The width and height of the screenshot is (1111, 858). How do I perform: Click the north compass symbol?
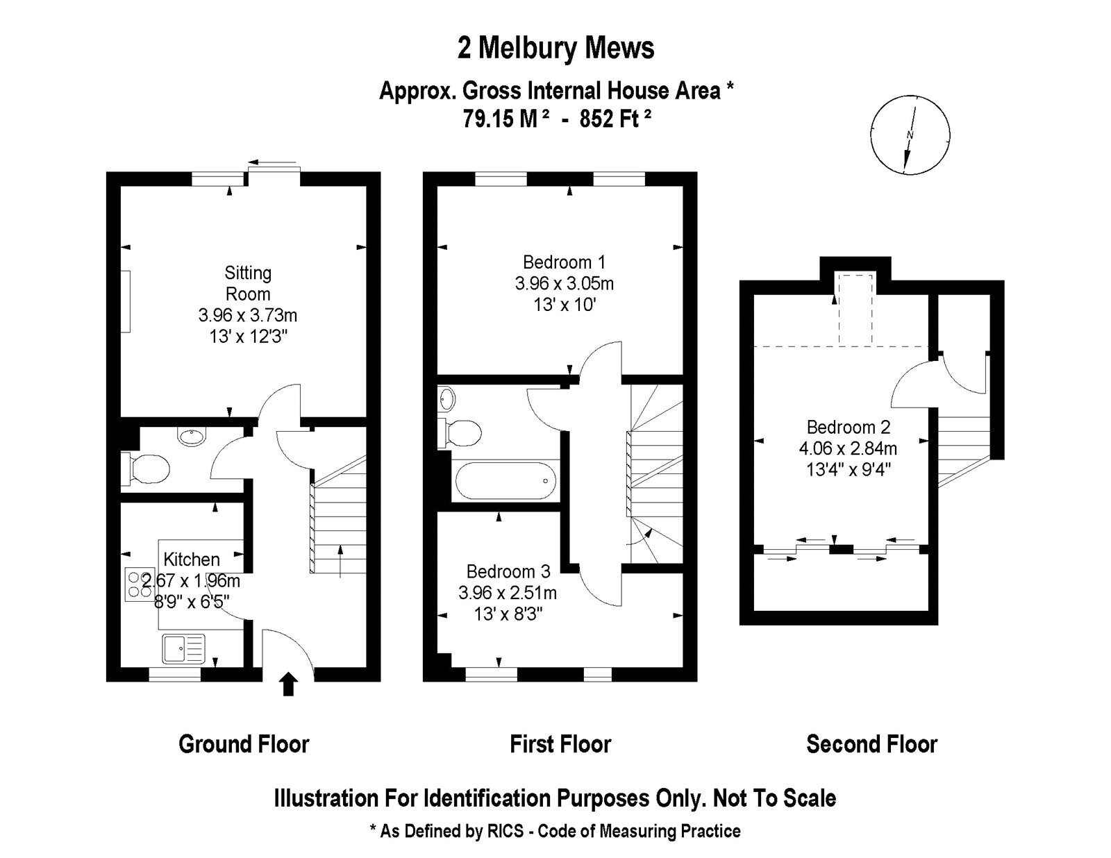(910, 135)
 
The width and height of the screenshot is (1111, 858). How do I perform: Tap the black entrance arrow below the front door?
(289, 684)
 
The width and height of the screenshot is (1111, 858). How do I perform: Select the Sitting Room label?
(248, 283)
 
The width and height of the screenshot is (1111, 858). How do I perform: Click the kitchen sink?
(183, 648)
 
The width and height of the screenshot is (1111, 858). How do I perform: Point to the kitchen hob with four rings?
(140, 584)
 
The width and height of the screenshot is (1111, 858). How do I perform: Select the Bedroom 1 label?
(564, 262)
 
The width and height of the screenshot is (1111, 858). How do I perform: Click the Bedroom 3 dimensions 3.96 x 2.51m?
(507, 593)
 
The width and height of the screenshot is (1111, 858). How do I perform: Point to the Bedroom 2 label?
(849, 427)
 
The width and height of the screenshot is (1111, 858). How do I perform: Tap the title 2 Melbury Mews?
(555, 48)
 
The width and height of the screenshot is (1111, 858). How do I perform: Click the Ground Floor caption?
(244, 744)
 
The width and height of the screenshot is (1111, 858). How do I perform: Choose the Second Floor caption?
(871, 744)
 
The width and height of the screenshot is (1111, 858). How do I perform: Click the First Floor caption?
(560, 744)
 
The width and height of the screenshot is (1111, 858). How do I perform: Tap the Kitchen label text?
(192, 560)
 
